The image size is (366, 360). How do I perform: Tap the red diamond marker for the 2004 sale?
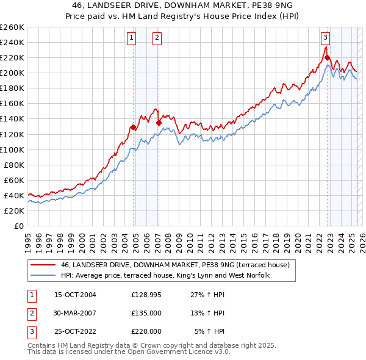[133, 128]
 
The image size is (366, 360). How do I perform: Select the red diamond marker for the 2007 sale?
[159, 123]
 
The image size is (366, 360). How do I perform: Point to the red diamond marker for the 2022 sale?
[328, 58]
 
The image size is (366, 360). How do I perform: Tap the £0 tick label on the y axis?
[18, 226]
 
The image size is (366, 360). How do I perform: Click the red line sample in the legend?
[42, 265]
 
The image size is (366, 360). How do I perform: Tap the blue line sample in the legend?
[42, 275]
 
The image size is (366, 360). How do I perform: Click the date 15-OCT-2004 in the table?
[75, 295]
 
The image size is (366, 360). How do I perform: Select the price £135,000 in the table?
[146, 313]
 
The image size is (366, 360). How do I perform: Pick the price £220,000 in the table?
[146, 331]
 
